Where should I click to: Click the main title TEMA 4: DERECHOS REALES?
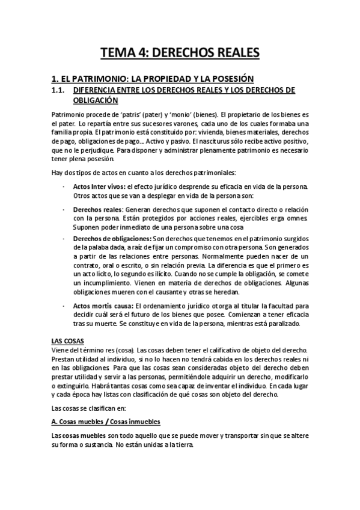click(180, 54)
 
